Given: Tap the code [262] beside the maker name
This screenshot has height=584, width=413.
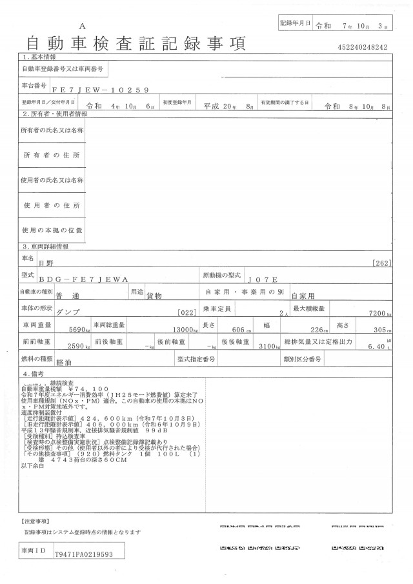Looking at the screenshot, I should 382,263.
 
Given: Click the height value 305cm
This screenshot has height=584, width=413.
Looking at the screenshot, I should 385,329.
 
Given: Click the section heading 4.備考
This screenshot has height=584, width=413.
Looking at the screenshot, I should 35,374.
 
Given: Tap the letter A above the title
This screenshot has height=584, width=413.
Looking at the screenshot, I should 82,25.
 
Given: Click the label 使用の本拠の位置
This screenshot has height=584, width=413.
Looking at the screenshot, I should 52,230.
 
